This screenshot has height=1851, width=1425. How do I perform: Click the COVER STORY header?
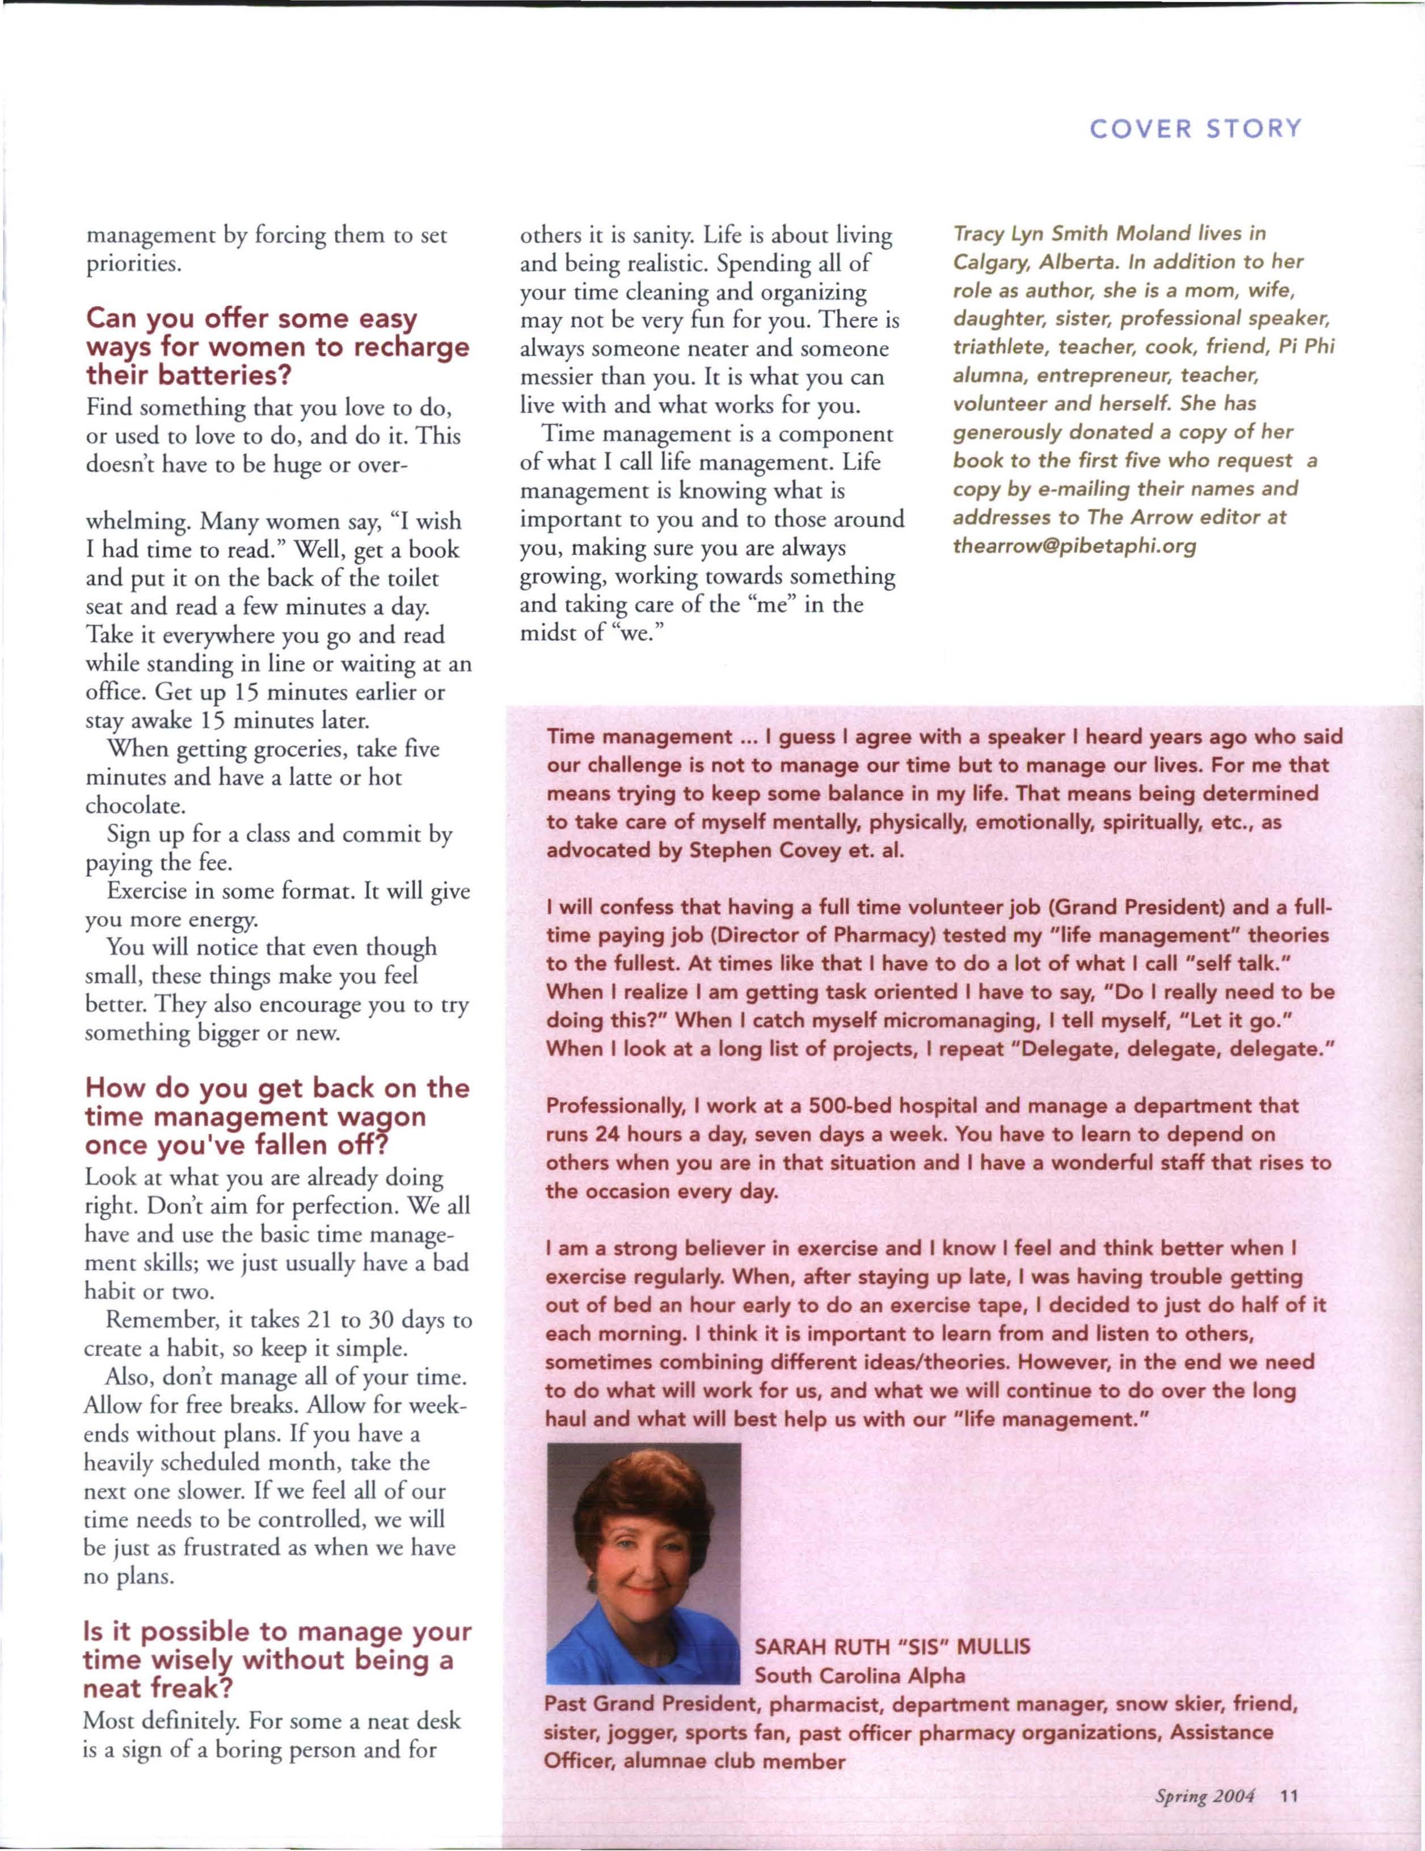click(1195, 129)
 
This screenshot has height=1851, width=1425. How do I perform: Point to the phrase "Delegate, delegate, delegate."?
click(1178, 1049)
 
